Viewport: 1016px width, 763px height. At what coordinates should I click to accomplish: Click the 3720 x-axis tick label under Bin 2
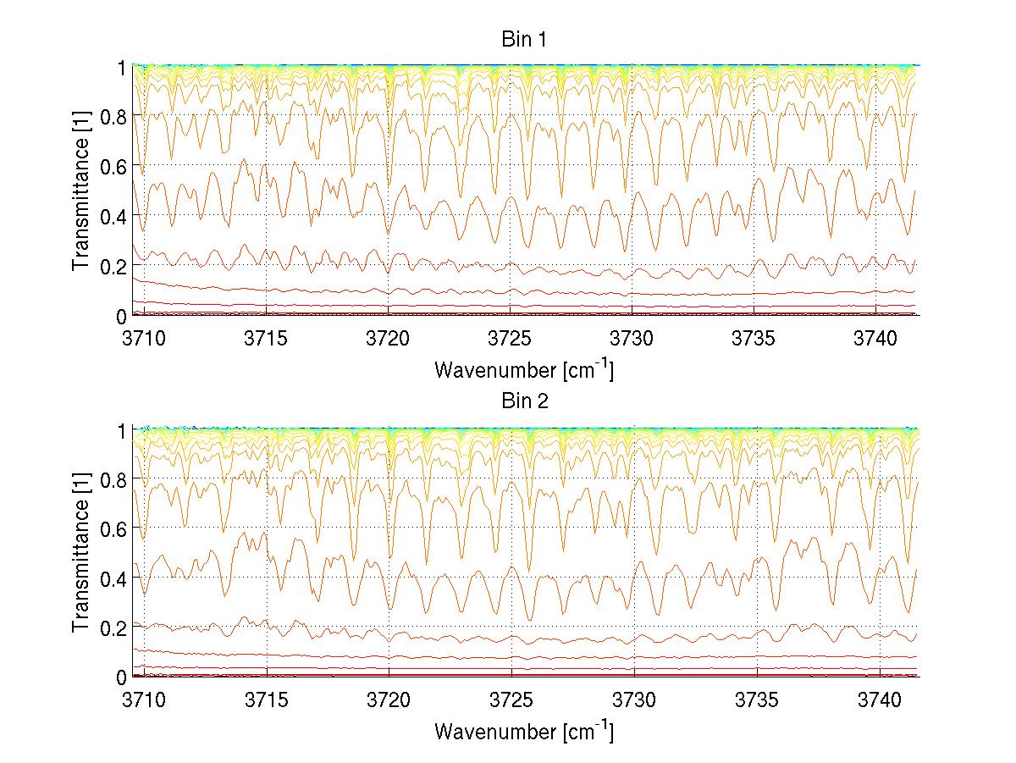389,700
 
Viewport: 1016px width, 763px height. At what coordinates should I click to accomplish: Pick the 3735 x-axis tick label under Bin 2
757,700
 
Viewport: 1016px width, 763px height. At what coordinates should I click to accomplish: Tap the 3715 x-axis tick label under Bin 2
267,700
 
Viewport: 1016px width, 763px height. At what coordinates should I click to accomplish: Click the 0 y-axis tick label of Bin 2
122,677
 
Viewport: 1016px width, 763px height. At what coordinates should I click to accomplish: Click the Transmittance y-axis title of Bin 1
81,191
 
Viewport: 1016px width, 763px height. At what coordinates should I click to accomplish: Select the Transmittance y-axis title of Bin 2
81,553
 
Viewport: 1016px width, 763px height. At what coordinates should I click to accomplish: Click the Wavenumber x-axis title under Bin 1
524,369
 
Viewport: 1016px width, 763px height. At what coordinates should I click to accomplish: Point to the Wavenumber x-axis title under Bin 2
524,731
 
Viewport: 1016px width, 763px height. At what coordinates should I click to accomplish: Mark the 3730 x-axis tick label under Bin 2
634,700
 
